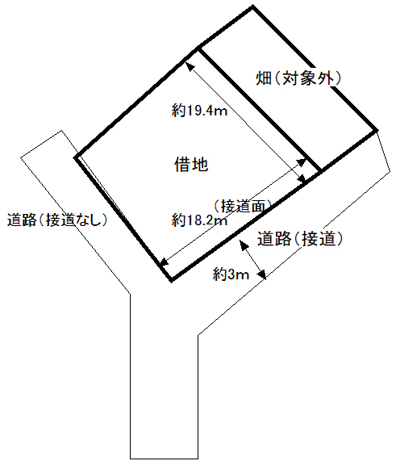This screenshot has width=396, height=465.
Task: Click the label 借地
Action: pos(191,165)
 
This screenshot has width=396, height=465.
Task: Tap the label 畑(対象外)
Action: pos(298,78)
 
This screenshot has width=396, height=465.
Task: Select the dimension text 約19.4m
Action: pos(199,111)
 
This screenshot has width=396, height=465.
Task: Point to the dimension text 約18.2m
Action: pos(199,220)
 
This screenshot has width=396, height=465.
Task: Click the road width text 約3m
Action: pos(231,274)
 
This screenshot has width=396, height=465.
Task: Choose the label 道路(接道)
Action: pos(300,239)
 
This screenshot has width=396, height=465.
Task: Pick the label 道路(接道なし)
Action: pos(57,220)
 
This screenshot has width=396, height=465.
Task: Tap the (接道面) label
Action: pos(242,206)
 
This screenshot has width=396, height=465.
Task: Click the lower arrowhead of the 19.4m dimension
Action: pos(302,179)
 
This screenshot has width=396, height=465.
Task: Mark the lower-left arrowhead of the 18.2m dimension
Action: pos(164,262)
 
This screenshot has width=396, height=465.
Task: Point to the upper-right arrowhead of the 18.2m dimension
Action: pos(302,161)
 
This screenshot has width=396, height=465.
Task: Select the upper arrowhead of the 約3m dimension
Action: pos(243,245)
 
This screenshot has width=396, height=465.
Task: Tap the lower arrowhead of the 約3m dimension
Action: pos(262,275)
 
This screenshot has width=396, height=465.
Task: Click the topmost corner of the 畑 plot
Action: pos(252,6)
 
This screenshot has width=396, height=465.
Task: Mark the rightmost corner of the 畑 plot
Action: pos(377,130)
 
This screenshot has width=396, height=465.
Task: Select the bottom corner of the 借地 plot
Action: pos(172,280)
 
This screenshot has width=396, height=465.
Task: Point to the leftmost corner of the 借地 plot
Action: pos(75,157)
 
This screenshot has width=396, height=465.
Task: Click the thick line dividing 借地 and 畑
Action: pos(260,110)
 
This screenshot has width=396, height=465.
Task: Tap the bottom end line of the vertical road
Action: pos(164,459)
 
